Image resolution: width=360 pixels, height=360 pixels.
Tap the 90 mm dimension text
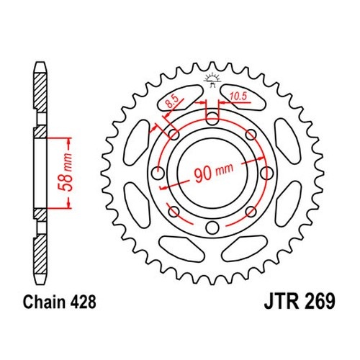[x=213, y=172]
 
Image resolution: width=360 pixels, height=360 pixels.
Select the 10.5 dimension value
[x=238, y=96]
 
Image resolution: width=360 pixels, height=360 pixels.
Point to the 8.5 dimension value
[x=172, y=102]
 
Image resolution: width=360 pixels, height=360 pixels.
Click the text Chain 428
[x=60, y=302]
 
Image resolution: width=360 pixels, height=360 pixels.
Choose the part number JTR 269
[x=300, y=302]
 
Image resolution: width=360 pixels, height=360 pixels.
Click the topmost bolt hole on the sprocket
[x=212, y=119]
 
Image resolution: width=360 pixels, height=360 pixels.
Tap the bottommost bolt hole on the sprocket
[x=212, y=228]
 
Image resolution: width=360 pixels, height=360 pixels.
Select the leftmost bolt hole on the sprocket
[x=158, y=173]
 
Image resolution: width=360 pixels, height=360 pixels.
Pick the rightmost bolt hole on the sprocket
[x=266, y=173]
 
